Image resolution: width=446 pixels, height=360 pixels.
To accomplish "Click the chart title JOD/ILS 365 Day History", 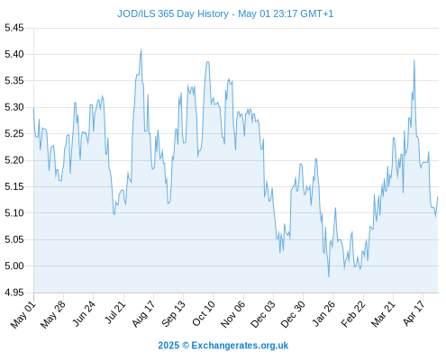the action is point(173,13).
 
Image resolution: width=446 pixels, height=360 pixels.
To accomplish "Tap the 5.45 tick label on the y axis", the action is point(14,28).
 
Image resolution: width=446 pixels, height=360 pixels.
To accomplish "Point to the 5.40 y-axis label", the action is point(14,54).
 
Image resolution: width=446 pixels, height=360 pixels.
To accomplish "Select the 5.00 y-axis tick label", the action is point(14,265).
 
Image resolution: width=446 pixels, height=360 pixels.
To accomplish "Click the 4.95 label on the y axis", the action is point(14,292).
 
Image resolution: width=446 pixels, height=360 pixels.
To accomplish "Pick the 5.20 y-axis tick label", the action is point(14,160).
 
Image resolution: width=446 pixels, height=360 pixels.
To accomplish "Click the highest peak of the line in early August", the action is point(141,49).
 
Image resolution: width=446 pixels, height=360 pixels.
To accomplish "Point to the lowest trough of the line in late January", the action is point(329,276).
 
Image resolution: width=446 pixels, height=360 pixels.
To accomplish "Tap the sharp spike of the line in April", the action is point(414,60).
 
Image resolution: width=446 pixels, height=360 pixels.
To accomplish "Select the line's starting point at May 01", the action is point(33,108).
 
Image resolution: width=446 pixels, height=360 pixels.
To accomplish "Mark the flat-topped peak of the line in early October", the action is point(207,62).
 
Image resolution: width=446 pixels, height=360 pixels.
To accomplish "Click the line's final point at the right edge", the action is point(438,197).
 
